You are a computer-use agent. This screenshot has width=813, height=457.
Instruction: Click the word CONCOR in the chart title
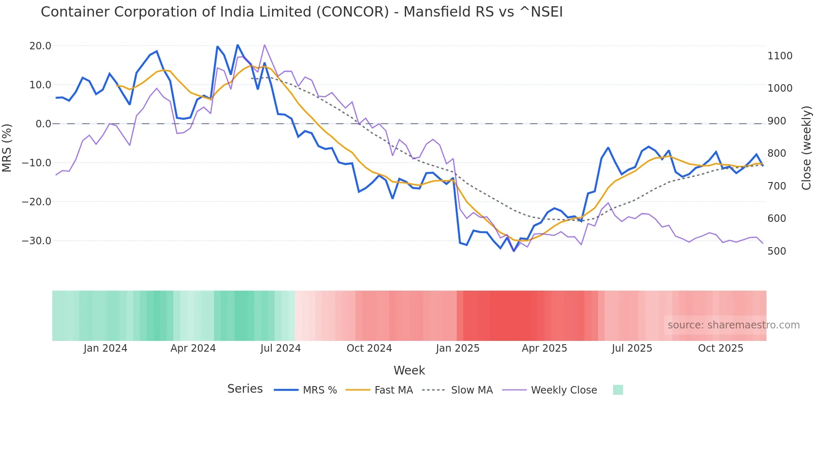tap(352, 12)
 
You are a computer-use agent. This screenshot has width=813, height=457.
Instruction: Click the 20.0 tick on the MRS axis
tap(40, 46)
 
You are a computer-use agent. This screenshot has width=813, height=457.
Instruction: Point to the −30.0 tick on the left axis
tap(37, 241)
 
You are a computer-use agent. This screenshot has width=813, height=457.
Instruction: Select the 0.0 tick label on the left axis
tap(44, 124)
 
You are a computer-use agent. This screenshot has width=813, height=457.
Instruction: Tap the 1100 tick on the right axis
tap(780, 56)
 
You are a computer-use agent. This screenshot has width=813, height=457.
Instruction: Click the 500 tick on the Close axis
tap(776, 251)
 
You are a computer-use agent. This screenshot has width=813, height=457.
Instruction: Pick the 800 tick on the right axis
tap(776, 153)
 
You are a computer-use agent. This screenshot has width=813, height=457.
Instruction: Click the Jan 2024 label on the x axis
tap(105, 348)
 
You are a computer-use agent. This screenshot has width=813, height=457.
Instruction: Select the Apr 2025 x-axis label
tap(544, 348)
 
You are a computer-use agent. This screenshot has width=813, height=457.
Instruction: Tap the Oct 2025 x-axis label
tap(721, 348)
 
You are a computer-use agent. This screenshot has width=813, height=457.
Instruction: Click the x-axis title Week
tap(409, 370)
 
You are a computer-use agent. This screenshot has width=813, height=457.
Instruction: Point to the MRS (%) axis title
tap(7, 148)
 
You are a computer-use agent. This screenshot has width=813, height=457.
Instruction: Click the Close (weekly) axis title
tap(806, 148)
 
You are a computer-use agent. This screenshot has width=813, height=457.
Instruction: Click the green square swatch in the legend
tap(618, 390)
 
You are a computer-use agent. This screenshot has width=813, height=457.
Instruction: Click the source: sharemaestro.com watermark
tap(733, 325)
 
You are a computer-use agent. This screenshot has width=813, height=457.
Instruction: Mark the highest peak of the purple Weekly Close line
tap(264, 45)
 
